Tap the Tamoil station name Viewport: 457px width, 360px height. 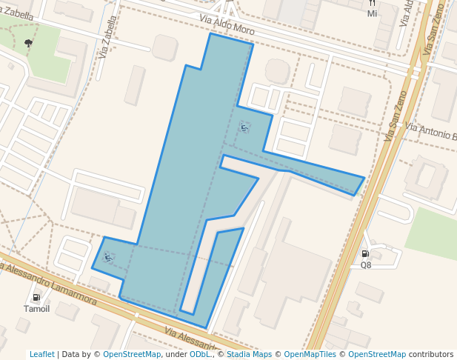tap(36, 309)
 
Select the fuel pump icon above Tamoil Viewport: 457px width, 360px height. tap(36, 298)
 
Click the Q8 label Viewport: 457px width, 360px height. tap(366, 264)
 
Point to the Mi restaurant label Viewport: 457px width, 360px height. tap(372, 13)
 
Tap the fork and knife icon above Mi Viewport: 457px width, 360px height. tap(372, 3)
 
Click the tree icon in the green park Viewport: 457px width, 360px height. tap(28, 43)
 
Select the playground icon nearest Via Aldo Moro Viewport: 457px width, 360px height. tap(244, 127)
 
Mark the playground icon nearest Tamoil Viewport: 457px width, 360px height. tap(108, 257)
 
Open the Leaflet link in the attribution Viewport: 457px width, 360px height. tap(41, 354)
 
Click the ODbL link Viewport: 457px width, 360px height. tap(200, 354)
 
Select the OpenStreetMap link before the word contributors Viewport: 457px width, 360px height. tap(377, 354)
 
